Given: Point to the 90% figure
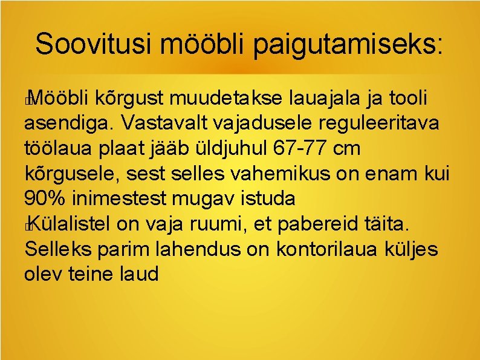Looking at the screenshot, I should (x=47, y=198).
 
